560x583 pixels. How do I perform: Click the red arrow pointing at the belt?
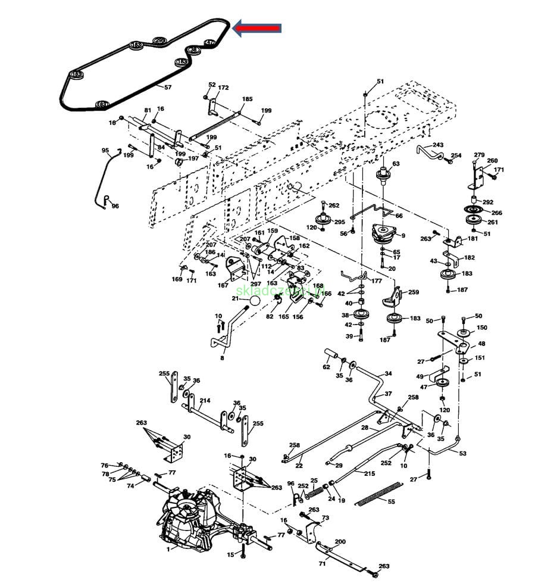tap(256, 27)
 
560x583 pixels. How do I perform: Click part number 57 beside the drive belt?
tap(168, 88)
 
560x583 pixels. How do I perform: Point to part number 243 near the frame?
tap(438, 145)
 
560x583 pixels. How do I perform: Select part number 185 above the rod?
tap(247, 99)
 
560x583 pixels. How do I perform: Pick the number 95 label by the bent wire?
tap(105, 150)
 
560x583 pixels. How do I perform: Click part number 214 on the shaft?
tap(205, 401)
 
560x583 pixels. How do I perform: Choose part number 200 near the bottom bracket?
tap(340, 542)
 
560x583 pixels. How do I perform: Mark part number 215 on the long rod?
tap(370, 473)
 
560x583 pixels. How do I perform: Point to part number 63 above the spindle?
tap(396, 164)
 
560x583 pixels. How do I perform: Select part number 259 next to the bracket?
tap(413, 292)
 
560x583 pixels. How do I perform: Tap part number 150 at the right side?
tap(481, 328)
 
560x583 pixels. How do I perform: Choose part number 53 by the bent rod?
tap(462, 453)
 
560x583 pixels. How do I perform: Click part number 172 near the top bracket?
tap(223, 88)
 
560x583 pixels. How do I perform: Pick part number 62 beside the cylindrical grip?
tap(326, 367)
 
